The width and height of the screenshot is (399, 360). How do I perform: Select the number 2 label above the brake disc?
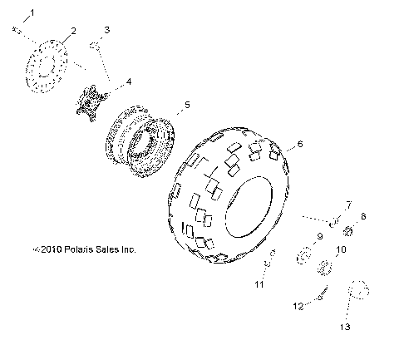(x=72, y=31)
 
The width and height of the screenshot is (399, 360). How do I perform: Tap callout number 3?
(x=106, y=31)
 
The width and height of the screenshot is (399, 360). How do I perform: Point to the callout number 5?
(x=187, y=105)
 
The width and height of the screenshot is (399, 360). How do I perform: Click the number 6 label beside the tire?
(x=300, y=145)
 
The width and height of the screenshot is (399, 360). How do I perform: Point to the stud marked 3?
(x=97, y=52)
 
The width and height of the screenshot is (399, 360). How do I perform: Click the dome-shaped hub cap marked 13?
(x=357, y=290)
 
